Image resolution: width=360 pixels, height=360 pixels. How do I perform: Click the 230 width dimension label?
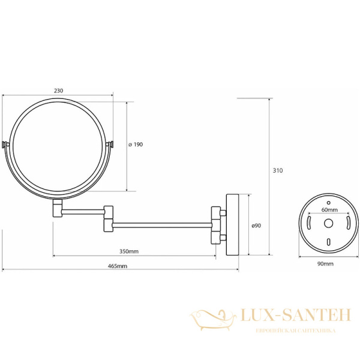(x=58, y=91)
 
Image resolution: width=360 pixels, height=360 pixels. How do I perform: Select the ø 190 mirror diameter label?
(x=136, y=145)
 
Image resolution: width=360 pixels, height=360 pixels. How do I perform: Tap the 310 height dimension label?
(x=277, y=171)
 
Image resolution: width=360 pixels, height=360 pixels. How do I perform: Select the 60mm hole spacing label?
(x=328, y=211)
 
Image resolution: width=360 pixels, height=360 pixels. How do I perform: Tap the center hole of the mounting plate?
(x=328, y=224)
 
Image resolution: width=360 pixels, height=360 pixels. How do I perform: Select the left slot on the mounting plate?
(x=308, y=224)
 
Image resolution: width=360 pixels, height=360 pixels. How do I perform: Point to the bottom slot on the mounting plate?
(x=328, y=241)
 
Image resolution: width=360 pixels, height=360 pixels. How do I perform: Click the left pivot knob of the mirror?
(x=7, y=145)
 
